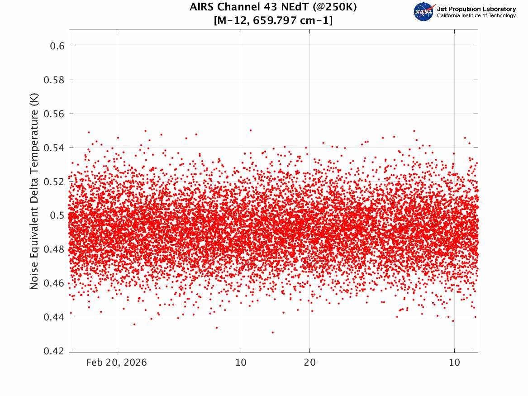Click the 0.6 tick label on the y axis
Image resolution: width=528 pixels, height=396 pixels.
57,46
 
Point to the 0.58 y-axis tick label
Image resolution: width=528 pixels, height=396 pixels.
54,80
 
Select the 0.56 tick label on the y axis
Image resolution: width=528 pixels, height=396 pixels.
54,114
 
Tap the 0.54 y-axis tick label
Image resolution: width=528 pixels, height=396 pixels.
54,148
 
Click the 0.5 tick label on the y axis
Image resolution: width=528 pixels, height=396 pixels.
57,215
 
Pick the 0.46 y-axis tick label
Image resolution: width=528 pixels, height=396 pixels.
54,283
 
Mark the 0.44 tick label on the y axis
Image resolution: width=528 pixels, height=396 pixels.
54,317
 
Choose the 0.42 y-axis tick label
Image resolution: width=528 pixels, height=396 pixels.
54,351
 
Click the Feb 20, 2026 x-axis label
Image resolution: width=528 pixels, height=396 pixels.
117,363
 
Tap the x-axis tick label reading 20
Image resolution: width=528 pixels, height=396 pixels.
310,363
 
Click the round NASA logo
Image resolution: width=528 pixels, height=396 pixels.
424,12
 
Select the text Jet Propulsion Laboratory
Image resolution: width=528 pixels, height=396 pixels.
476,9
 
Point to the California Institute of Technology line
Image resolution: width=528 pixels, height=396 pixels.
476,15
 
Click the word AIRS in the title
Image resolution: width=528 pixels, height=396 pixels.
202,7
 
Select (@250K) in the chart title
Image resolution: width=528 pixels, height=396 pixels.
334,7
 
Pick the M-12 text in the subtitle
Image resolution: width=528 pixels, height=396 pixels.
233,21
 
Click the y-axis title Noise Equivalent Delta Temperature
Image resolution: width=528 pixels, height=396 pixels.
34,191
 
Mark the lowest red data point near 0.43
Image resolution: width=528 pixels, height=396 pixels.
273,332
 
